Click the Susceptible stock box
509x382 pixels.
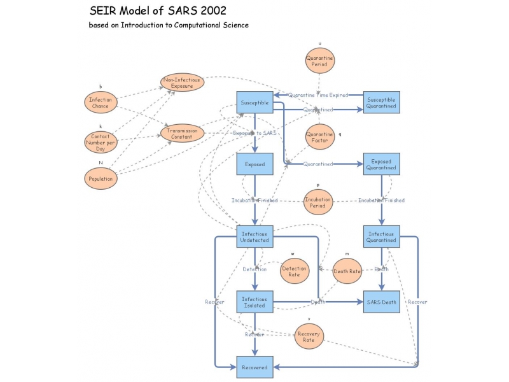[254, 103]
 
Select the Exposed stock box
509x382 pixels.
[254, 164]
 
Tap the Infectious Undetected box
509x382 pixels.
[254, 236]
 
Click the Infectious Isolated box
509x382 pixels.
[254, 302]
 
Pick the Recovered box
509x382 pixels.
[254, 367]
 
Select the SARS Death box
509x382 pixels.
[381, 302]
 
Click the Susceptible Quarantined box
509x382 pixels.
[381, 103]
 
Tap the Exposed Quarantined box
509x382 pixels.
[381, 164]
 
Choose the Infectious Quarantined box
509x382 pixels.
[381, 236]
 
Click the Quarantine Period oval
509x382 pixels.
[319, 61]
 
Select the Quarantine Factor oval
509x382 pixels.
[319, 138]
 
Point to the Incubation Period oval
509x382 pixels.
[318, 202]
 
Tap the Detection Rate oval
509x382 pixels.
[294, 271]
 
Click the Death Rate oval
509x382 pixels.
[347, 271]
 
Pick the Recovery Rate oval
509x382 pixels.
[309, 336]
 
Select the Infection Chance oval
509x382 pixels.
[101, 103]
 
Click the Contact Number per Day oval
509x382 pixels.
[101, 140]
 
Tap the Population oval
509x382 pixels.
[101, 179]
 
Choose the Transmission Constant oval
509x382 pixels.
[182, 133]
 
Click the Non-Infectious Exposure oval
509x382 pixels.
[182, 82]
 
